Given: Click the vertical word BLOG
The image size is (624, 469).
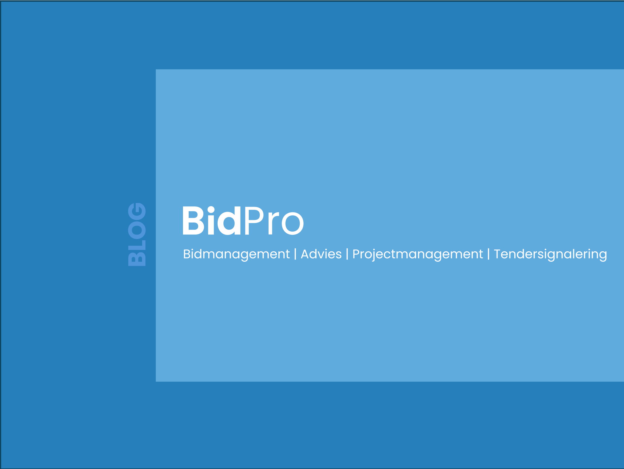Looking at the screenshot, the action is point(137,234).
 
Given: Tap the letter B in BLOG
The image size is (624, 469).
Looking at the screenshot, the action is point(137,259).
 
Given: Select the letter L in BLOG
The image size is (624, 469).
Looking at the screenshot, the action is point(137,245).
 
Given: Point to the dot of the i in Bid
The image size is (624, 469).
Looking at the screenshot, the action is point(211,209).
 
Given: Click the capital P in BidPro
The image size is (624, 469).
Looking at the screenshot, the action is point(254,221).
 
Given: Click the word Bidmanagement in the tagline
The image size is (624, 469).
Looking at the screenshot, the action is point(236,254).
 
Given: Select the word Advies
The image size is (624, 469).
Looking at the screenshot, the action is point(321,254).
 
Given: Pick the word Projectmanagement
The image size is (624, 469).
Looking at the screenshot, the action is point(418,254).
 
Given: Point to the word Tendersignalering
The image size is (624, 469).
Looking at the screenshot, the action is point(550,254).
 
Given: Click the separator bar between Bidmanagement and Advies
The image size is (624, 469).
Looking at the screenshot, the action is point(295,254).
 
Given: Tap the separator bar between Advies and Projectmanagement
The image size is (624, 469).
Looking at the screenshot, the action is point(347,254).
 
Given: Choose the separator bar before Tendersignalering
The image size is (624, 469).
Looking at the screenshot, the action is point(489,254).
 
